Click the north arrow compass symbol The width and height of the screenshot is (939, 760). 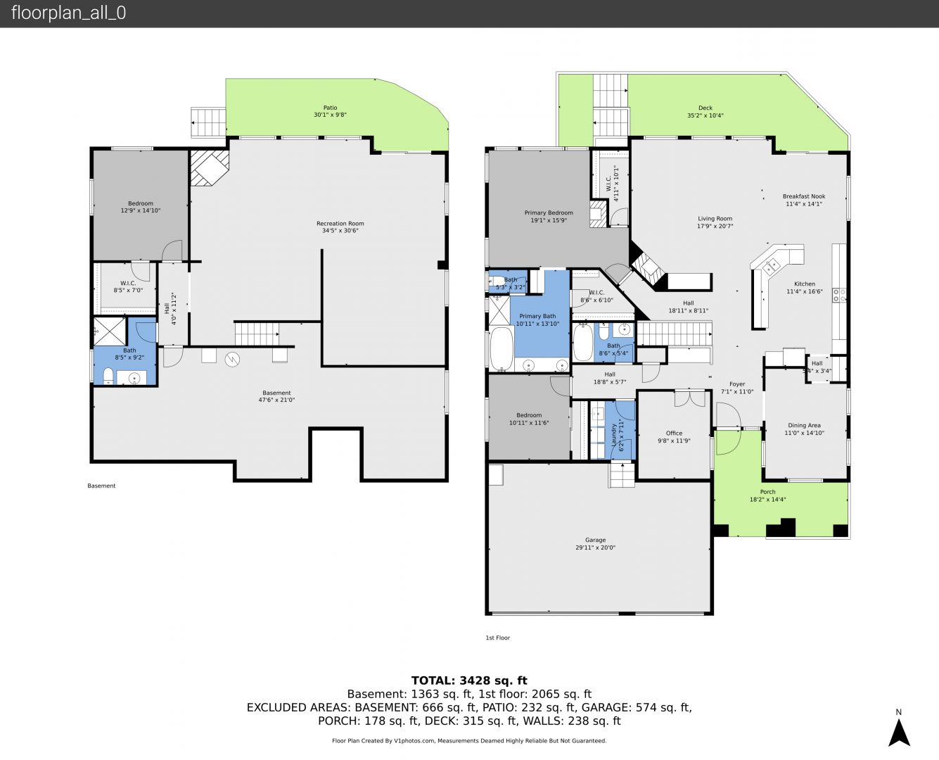[898, 733]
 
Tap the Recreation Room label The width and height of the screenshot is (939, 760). [340, 223]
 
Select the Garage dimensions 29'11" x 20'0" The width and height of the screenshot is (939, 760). [595, 547]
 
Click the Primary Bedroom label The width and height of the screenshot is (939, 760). [549, 213]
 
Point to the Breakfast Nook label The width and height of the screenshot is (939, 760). [804, 196]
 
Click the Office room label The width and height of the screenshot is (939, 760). [674, 433]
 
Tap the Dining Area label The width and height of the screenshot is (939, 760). [804, 425]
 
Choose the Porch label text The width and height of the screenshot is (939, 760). [767, 492]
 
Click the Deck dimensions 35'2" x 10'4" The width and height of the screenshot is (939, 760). [705, 115]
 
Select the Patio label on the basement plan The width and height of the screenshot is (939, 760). [330, 108]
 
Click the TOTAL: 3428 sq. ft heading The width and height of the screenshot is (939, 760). [469, 680]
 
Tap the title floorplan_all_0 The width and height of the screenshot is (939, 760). [69, 13]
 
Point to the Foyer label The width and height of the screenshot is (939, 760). [737, 384]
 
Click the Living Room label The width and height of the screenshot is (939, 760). [715, 218]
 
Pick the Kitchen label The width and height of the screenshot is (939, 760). [805, 284]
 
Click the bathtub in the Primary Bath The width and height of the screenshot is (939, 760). [502, 348]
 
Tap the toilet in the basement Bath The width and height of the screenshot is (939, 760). [108, 376]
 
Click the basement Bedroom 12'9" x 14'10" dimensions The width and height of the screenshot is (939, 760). [141, 210]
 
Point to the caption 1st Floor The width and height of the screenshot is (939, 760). [498, 638]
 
